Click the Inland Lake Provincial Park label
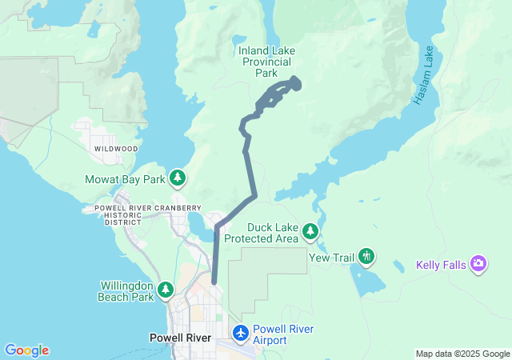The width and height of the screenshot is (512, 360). [x=266, y=62]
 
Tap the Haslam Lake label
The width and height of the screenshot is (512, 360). [x=424, y=76]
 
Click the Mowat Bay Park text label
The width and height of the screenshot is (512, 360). [x=125, y=179]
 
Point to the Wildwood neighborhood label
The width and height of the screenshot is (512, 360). [x=115, y=149]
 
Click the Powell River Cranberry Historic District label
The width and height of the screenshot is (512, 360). [x=118, y=214]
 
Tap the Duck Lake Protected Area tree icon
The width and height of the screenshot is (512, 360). [x=310, y=232]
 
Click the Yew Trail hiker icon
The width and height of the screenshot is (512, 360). [x=366, y=256]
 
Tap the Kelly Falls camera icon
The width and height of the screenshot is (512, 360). [x=478, y=263]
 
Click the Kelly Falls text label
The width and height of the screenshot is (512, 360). [x=442, y=265]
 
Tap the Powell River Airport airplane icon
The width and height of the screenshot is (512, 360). [x=239, y=332]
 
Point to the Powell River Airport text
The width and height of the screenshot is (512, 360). [x=281, y=334]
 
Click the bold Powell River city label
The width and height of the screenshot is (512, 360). [x=181, y=338]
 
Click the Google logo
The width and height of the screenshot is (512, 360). [x=26, y=350]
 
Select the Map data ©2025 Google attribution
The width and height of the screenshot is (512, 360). [x=462, y=354]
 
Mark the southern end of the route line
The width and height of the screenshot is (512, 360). [x=214, y=282]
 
